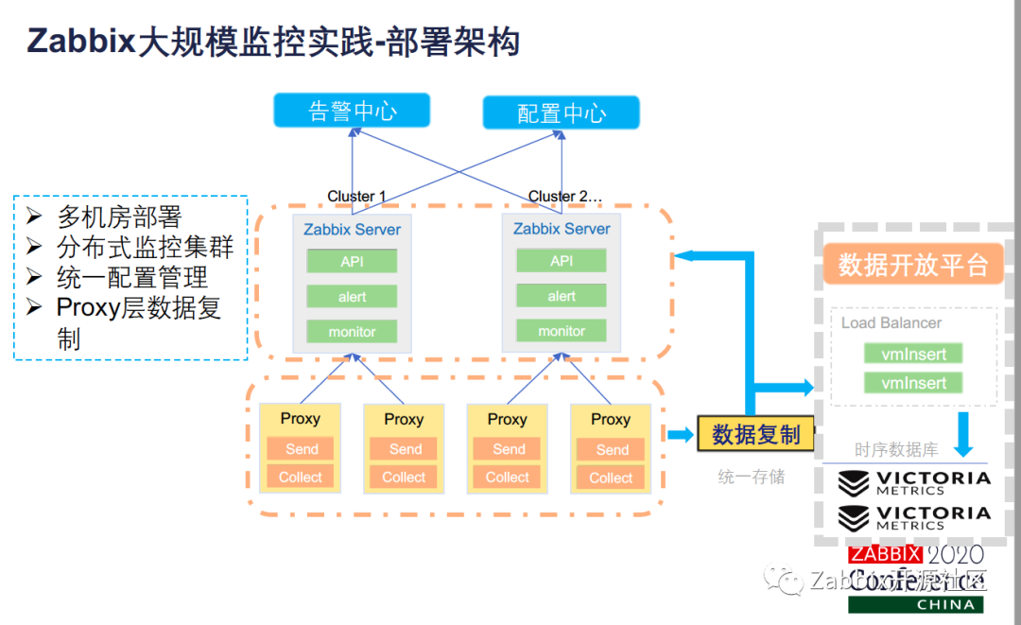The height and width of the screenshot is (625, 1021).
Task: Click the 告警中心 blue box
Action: coord(352,111)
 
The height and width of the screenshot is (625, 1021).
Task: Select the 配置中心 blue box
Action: coord(561,113)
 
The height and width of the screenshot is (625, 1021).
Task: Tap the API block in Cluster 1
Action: coord(352,262)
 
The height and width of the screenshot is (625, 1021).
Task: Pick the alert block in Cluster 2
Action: coord(562,296)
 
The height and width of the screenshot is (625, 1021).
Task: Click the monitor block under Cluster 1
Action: coord(352,332)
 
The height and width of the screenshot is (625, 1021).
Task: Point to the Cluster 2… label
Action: coord(564,196)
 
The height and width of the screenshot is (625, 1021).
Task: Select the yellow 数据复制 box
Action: coord(755,434)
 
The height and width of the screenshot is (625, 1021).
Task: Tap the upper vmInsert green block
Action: coord(913,354)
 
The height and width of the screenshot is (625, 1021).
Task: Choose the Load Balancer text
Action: coord(891,322)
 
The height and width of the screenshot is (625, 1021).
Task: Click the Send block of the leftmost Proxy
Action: coord(301,449)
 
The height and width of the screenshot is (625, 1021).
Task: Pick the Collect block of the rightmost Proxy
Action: coord(611,477)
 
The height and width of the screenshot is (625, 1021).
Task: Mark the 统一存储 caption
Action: coord(751,477)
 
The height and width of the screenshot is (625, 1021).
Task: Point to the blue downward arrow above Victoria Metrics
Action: coord(961,433)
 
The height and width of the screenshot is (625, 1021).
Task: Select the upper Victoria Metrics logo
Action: coord(913,482)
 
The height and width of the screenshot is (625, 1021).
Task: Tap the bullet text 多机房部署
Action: coord(119,217)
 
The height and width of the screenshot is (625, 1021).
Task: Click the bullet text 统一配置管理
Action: coord(132,277)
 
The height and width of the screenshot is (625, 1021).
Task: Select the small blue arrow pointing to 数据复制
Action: coord(679,435)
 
